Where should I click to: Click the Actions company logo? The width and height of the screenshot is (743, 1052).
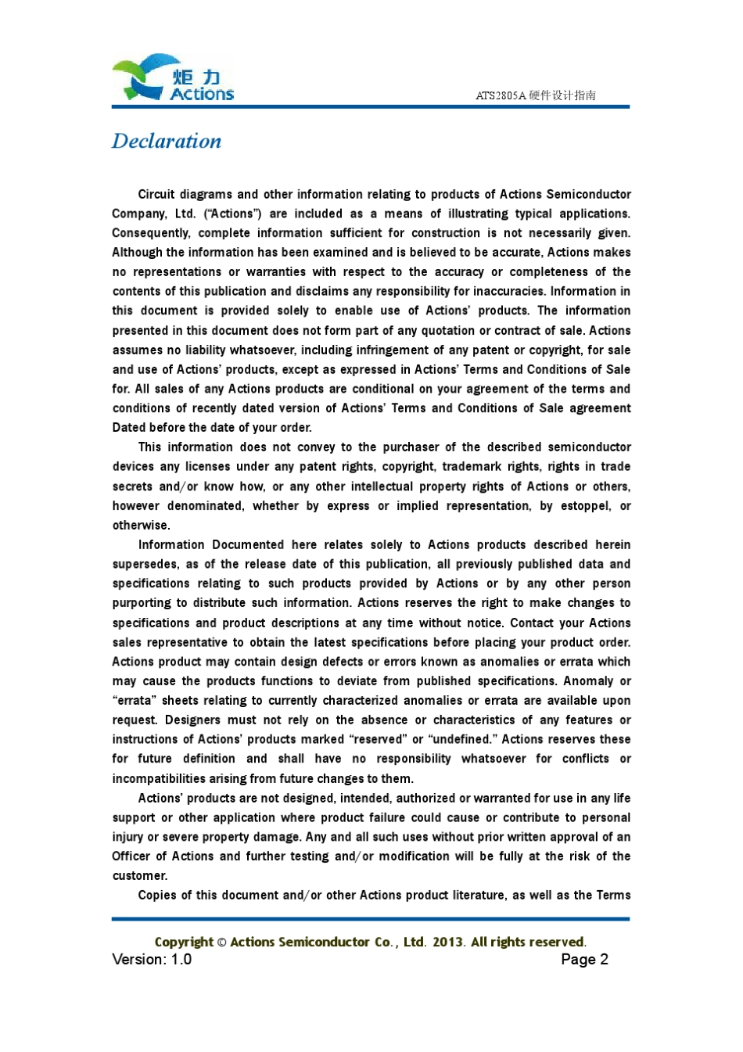[173, 78]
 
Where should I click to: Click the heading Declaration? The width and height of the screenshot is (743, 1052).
[167, 142]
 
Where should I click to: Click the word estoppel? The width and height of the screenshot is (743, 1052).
[585, 506]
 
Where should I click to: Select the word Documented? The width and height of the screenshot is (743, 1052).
[248, 545]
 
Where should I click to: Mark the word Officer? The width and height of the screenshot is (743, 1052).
[131, 856]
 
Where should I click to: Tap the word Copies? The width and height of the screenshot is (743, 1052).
[156, 896]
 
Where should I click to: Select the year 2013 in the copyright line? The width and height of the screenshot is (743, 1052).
[448, 942]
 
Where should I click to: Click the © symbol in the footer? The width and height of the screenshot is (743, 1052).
[221, 942]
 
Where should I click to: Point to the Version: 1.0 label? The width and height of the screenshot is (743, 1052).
[152, 960]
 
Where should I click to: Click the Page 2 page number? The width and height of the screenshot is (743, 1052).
[584, 960]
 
